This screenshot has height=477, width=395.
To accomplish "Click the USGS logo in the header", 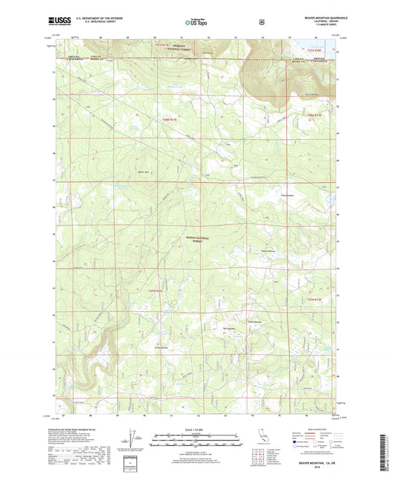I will point(59,24).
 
